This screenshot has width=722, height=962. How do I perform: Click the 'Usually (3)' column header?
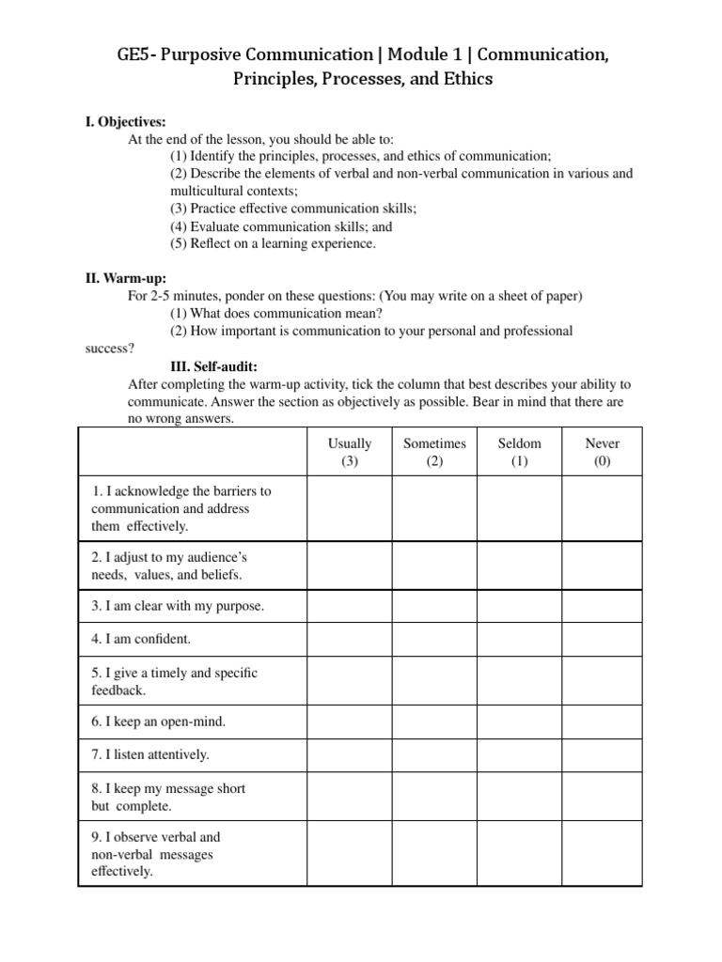coord(350,452)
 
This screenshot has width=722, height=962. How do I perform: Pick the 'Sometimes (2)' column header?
coord(434,452)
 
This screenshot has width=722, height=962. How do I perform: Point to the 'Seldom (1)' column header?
coord(519,452)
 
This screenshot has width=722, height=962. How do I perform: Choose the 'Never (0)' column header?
coord(603,452)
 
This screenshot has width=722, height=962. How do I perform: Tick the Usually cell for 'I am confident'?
coord(350,639)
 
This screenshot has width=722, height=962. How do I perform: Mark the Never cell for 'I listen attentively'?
coord(603,754)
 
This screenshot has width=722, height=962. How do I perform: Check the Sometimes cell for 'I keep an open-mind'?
coord(434,721)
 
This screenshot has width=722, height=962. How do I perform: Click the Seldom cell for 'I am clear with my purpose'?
coord(519,606)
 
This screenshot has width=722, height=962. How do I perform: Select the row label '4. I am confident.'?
coord(141,639)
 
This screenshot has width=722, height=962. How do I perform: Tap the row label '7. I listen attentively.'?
coord(150,754)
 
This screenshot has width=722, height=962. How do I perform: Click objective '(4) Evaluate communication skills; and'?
coord(281,226)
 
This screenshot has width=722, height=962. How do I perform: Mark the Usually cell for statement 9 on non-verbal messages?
coord(350,854)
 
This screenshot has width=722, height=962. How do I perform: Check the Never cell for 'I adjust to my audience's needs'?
coord(603,565)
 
